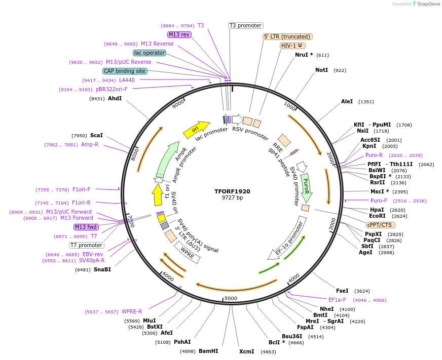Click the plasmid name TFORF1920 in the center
[232, 191]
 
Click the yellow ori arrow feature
[197, 130]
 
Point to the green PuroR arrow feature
[306, 187]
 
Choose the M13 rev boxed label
[179, 34]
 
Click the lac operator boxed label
[150, 53]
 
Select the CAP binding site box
[125, 71]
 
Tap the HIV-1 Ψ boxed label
[293, 46]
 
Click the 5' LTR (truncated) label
[287, 36]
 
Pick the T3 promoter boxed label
[245, 25]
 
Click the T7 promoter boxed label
[87, 245]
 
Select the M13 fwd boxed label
[86, 227]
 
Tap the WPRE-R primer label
[132, 311]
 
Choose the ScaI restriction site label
[96, 135]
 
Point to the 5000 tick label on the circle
[231, 298]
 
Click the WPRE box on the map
[187, 252]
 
